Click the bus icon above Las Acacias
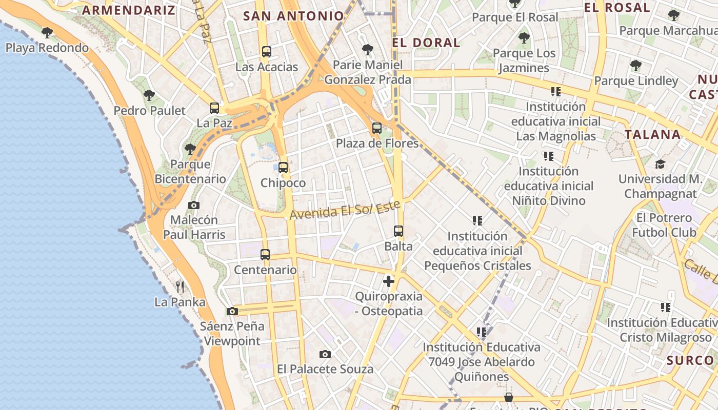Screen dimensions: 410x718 click(x=266, y=51)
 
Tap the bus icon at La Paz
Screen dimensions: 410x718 click(x=214, y=108)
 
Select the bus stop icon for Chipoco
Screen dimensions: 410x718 click(x=283, y=167)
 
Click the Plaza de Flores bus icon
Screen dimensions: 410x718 click(x=377, y=128)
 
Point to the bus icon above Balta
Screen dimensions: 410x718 click(x=398, y=231)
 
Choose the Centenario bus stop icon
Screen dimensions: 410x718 click(x=265, y=254)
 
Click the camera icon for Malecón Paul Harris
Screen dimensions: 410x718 click(x=194, y=205)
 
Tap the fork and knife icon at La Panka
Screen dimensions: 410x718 click(x=180, y=286)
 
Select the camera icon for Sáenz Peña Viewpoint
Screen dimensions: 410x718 click(x=232, y=311)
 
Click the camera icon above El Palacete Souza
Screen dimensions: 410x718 click(x=325, y=354)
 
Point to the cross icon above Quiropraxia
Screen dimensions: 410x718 click(x=389, y=281)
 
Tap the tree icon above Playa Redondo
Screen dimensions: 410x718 click(x=47, y=33)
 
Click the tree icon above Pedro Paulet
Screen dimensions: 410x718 click(x=149, y=95)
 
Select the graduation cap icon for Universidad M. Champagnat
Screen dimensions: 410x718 click(x=660, y=164)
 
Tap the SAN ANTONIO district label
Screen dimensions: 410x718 click(x=293, y=16)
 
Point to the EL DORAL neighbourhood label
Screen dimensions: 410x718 click(x=426, y=43)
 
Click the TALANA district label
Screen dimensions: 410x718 click(x=652, y=135)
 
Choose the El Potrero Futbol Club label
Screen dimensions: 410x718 click(x=664, y=225)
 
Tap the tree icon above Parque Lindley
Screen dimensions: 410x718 click(x=636, y=66)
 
